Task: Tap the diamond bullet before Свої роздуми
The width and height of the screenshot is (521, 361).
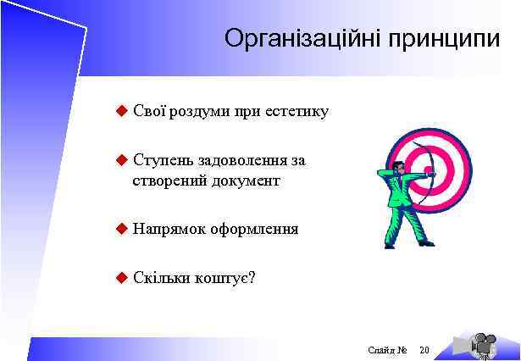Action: point(120,110)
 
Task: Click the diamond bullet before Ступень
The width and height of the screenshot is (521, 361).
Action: point(120,159)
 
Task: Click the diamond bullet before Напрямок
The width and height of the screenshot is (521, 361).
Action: point(120,228)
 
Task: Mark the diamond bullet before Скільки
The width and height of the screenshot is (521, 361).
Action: point(120,276)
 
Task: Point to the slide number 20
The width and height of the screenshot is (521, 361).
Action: point(424,349)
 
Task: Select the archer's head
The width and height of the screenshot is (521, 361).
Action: point(398,166)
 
